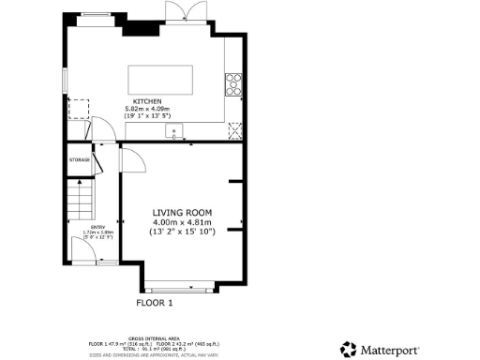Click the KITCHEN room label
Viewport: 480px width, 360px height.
(148, 100)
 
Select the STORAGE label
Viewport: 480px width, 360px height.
(79, 160)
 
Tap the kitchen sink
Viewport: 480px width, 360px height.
(174, 131)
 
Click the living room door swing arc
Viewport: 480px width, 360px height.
(131, 161)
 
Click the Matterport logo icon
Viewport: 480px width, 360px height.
(347, 349)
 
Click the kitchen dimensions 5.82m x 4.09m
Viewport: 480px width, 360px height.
(148, 109)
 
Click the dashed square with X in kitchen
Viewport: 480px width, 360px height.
(233, 131)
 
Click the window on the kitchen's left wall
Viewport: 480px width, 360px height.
(65, 80)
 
